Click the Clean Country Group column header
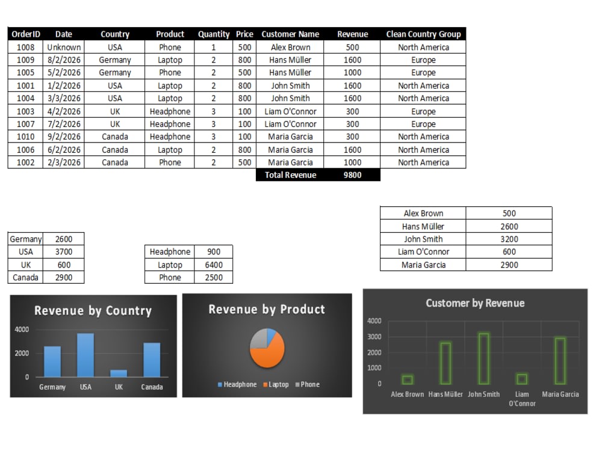pos(423,34)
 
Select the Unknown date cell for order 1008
pos(64,47)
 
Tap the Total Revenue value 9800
pos(352,175)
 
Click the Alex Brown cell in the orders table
pos(290,47)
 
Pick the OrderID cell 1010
pos(25,137)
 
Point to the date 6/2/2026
pos(64,150)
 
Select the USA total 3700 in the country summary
pos(64,251)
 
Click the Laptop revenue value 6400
pos(214,265)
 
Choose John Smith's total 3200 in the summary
pos(509,239)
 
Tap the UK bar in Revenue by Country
pos(119,373)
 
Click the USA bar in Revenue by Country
pos(85,355)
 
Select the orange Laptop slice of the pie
pos(268,355)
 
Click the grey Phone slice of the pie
pos(258,339)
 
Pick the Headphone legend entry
pos(237,384)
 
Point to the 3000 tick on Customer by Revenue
pos(374,337)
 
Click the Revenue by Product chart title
pos(267,309)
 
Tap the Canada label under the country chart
pos(152,387)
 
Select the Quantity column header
pos(214,34)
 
